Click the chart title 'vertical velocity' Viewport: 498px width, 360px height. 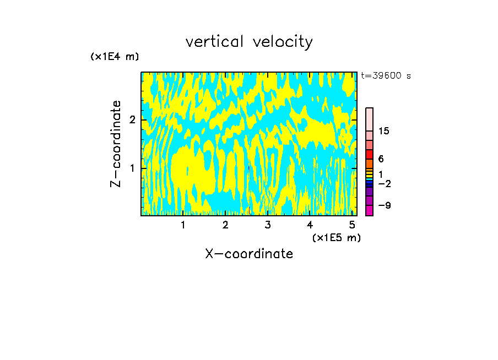(x=249, y=42)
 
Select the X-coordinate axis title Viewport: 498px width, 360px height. (x=249, y=254)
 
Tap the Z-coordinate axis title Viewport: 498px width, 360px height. (x=116, y=144)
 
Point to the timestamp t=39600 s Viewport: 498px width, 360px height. (x=386, y=76)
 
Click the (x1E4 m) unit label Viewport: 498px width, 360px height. (x=115, y=57)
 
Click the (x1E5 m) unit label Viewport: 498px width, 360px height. (x=336, y=237)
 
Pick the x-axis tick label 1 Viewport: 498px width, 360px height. (x=183, y=225)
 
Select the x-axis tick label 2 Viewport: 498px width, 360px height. (x=225, y=225)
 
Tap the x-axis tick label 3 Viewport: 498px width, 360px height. (x=268, y=225)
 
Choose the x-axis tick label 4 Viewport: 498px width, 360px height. (x=310, y=225)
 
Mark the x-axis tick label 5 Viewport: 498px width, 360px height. (x=352, y=225)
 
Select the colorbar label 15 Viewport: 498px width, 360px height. (x=384, y=131)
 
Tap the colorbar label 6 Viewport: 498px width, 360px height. (x=381, y=159)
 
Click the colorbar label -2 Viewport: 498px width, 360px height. (x=384, y=183)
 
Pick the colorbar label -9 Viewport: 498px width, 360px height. (x=384, y=205)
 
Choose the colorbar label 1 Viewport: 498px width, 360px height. (x=381, y=174)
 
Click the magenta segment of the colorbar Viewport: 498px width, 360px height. (x=369, y=210)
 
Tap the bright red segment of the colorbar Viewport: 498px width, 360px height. (x=369, y=154)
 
